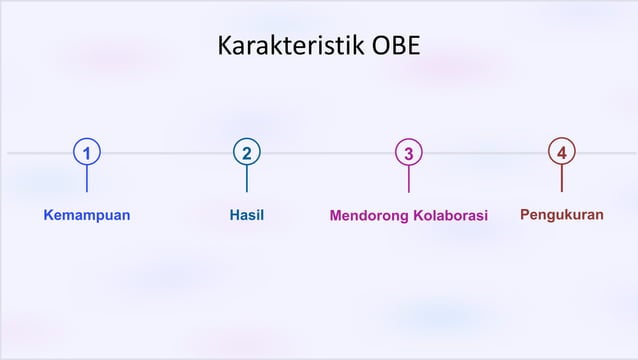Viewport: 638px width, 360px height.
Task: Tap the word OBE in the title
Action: point(396,47)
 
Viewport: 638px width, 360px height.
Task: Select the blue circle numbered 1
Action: point(87,153)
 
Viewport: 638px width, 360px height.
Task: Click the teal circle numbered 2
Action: point(247,153)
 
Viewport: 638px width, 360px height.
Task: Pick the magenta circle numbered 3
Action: point(408,153)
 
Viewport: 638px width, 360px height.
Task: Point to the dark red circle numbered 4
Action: point(562,152)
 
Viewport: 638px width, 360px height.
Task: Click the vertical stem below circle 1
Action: point(87,180)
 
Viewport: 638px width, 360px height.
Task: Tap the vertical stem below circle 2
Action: point(247,180)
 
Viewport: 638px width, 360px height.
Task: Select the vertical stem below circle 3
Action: point(408,180)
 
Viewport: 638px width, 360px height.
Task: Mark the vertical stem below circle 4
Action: point(562,179)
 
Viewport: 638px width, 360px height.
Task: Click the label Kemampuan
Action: point(87,215)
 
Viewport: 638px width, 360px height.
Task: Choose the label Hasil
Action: point(247,215)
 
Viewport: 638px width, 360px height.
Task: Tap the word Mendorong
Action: point(369,216)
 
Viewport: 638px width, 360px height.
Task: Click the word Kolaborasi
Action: point(450,216)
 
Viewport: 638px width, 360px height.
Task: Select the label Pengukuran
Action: point(562,214)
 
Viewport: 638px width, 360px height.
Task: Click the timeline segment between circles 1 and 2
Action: point(167,153)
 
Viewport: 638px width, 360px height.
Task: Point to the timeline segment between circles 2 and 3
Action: point(327,153)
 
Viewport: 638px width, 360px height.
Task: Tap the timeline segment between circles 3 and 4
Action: point(485,153)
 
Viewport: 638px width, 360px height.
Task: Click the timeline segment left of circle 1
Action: point(40,153)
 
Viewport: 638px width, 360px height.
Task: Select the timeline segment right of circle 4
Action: point(606,153)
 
